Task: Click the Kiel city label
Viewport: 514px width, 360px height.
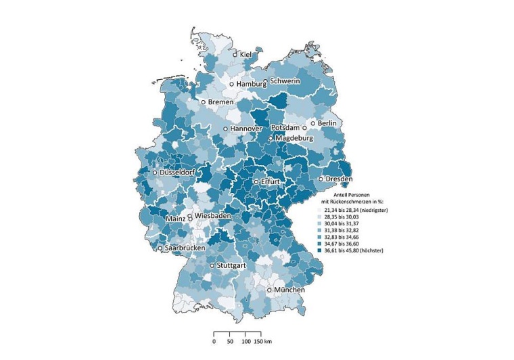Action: (x=246, y=54)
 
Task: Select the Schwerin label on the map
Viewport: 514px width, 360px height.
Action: (x=285, y=81)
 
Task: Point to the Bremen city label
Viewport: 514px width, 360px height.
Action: (x=220, y=102)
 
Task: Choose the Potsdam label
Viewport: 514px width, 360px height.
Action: (x=285, y=128)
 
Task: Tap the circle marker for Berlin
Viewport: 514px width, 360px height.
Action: (x=313, y=123)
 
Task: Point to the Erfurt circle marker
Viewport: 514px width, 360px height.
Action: (x=256, y=182)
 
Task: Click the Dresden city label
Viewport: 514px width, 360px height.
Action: (x=339, y=179)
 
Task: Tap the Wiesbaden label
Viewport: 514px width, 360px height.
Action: (x=216, y=215)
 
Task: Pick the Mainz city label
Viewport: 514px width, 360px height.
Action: (x=176, y=220)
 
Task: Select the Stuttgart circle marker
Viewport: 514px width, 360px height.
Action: (x=212, y=265)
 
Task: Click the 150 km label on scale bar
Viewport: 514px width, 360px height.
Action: (x=262, y=342)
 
